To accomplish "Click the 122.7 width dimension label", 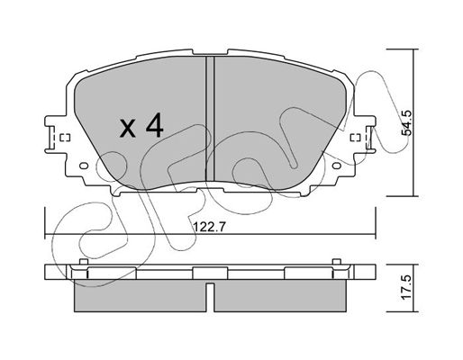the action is click(208, 227).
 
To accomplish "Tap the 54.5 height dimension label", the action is click(407, 122).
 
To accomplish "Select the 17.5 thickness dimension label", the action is click(407, 287).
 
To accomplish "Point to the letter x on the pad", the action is click(127, 130).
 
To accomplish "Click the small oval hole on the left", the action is click(84, 166).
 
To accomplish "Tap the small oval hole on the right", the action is click(337, 166).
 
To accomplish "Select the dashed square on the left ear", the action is click(65, 138).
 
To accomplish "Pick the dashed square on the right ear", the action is click(356, 138).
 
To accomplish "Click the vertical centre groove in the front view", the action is click(210, 119).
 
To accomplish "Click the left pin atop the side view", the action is click(84, 262).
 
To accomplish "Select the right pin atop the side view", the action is click(337, 262).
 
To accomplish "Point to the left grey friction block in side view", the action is click(141, 296).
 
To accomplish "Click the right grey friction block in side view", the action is click(280, 296).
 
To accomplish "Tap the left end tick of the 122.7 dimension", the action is click(45, 223).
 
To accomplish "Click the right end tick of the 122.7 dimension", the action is click(376, 223).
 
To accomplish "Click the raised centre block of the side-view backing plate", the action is click(210, 273).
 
